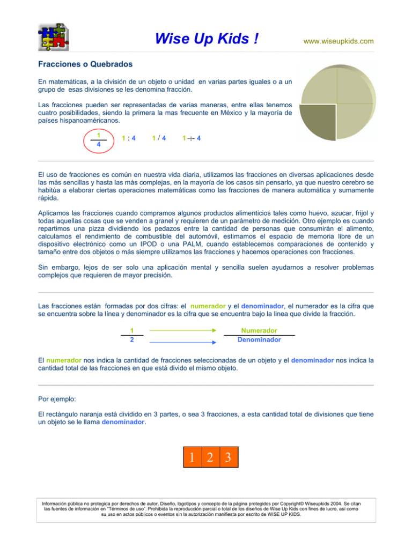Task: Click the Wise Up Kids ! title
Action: [207, 39]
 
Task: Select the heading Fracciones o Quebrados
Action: [85, 64]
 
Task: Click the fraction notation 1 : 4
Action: [129, 138]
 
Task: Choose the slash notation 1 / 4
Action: [158, 138]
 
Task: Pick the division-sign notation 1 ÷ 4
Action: [191, 138]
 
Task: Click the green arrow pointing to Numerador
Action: [182, 331]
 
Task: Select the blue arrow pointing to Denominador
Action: [182, 341]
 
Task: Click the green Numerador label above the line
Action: [259, 330]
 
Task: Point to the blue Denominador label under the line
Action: [259, 340]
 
